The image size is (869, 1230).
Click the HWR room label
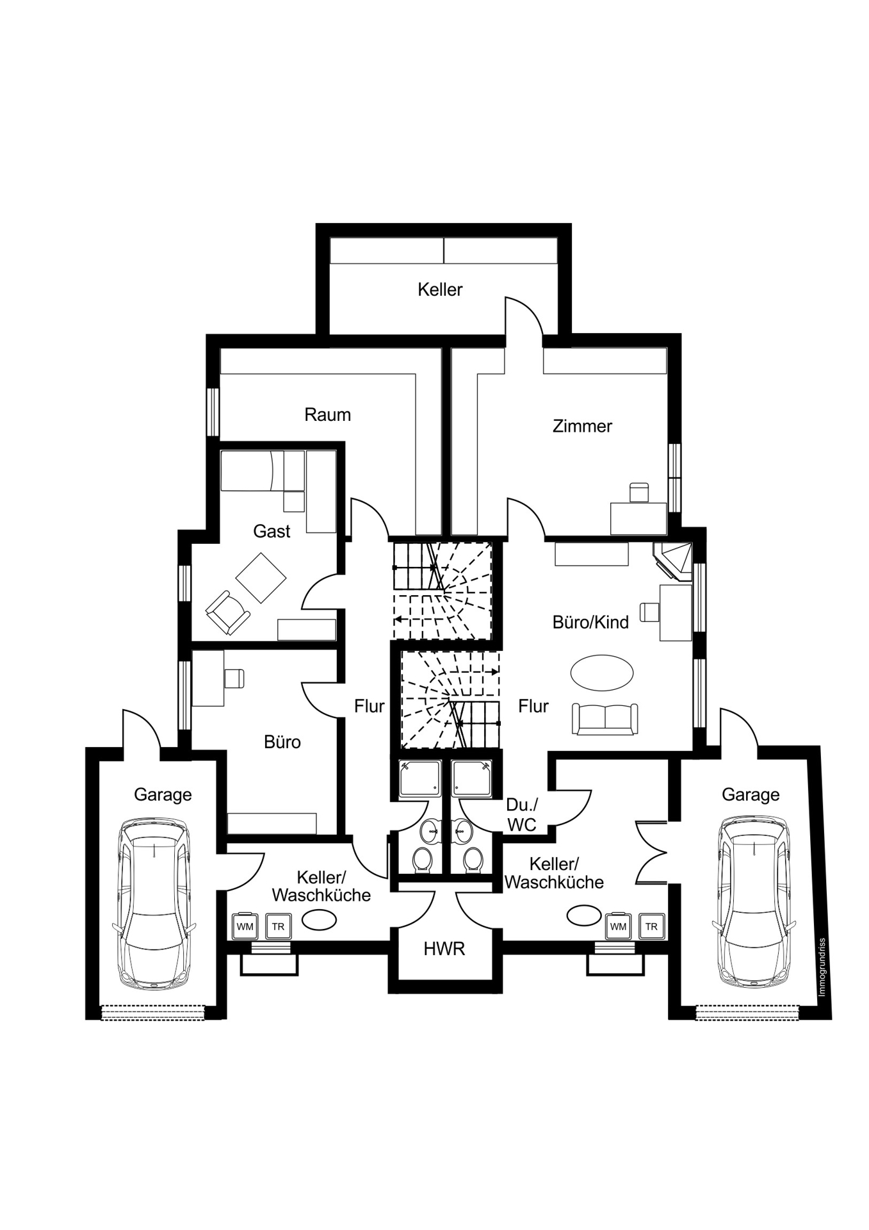click(444, 949)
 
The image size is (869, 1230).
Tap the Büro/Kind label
click(590, 622)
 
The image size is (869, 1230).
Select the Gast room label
click(272, 531)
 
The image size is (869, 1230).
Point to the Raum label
click(327, 414)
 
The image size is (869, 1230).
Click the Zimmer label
click(582, 426)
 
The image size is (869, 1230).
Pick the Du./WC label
click(522, 814)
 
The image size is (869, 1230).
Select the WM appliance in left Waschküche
click(245, 926)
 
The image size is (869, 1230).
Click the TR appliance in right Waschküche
click(651, 926)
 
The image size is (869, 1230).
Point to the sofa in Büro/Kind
click(605, 719)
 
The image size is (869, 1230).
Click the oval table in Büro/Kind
click(601, 673)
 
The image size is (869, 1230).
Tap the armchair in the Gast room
click(227, 612)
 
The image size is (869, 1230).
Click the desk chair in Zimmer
click(639, 493)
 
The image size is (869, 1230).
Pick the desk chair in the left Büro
click(234, 678)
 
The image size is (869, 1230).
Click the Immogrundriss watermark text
click(822, 967)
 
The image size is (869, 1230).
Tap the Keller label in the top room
click(440, 290)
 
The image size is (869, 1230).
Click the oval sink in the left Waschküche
click(319, 920)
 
